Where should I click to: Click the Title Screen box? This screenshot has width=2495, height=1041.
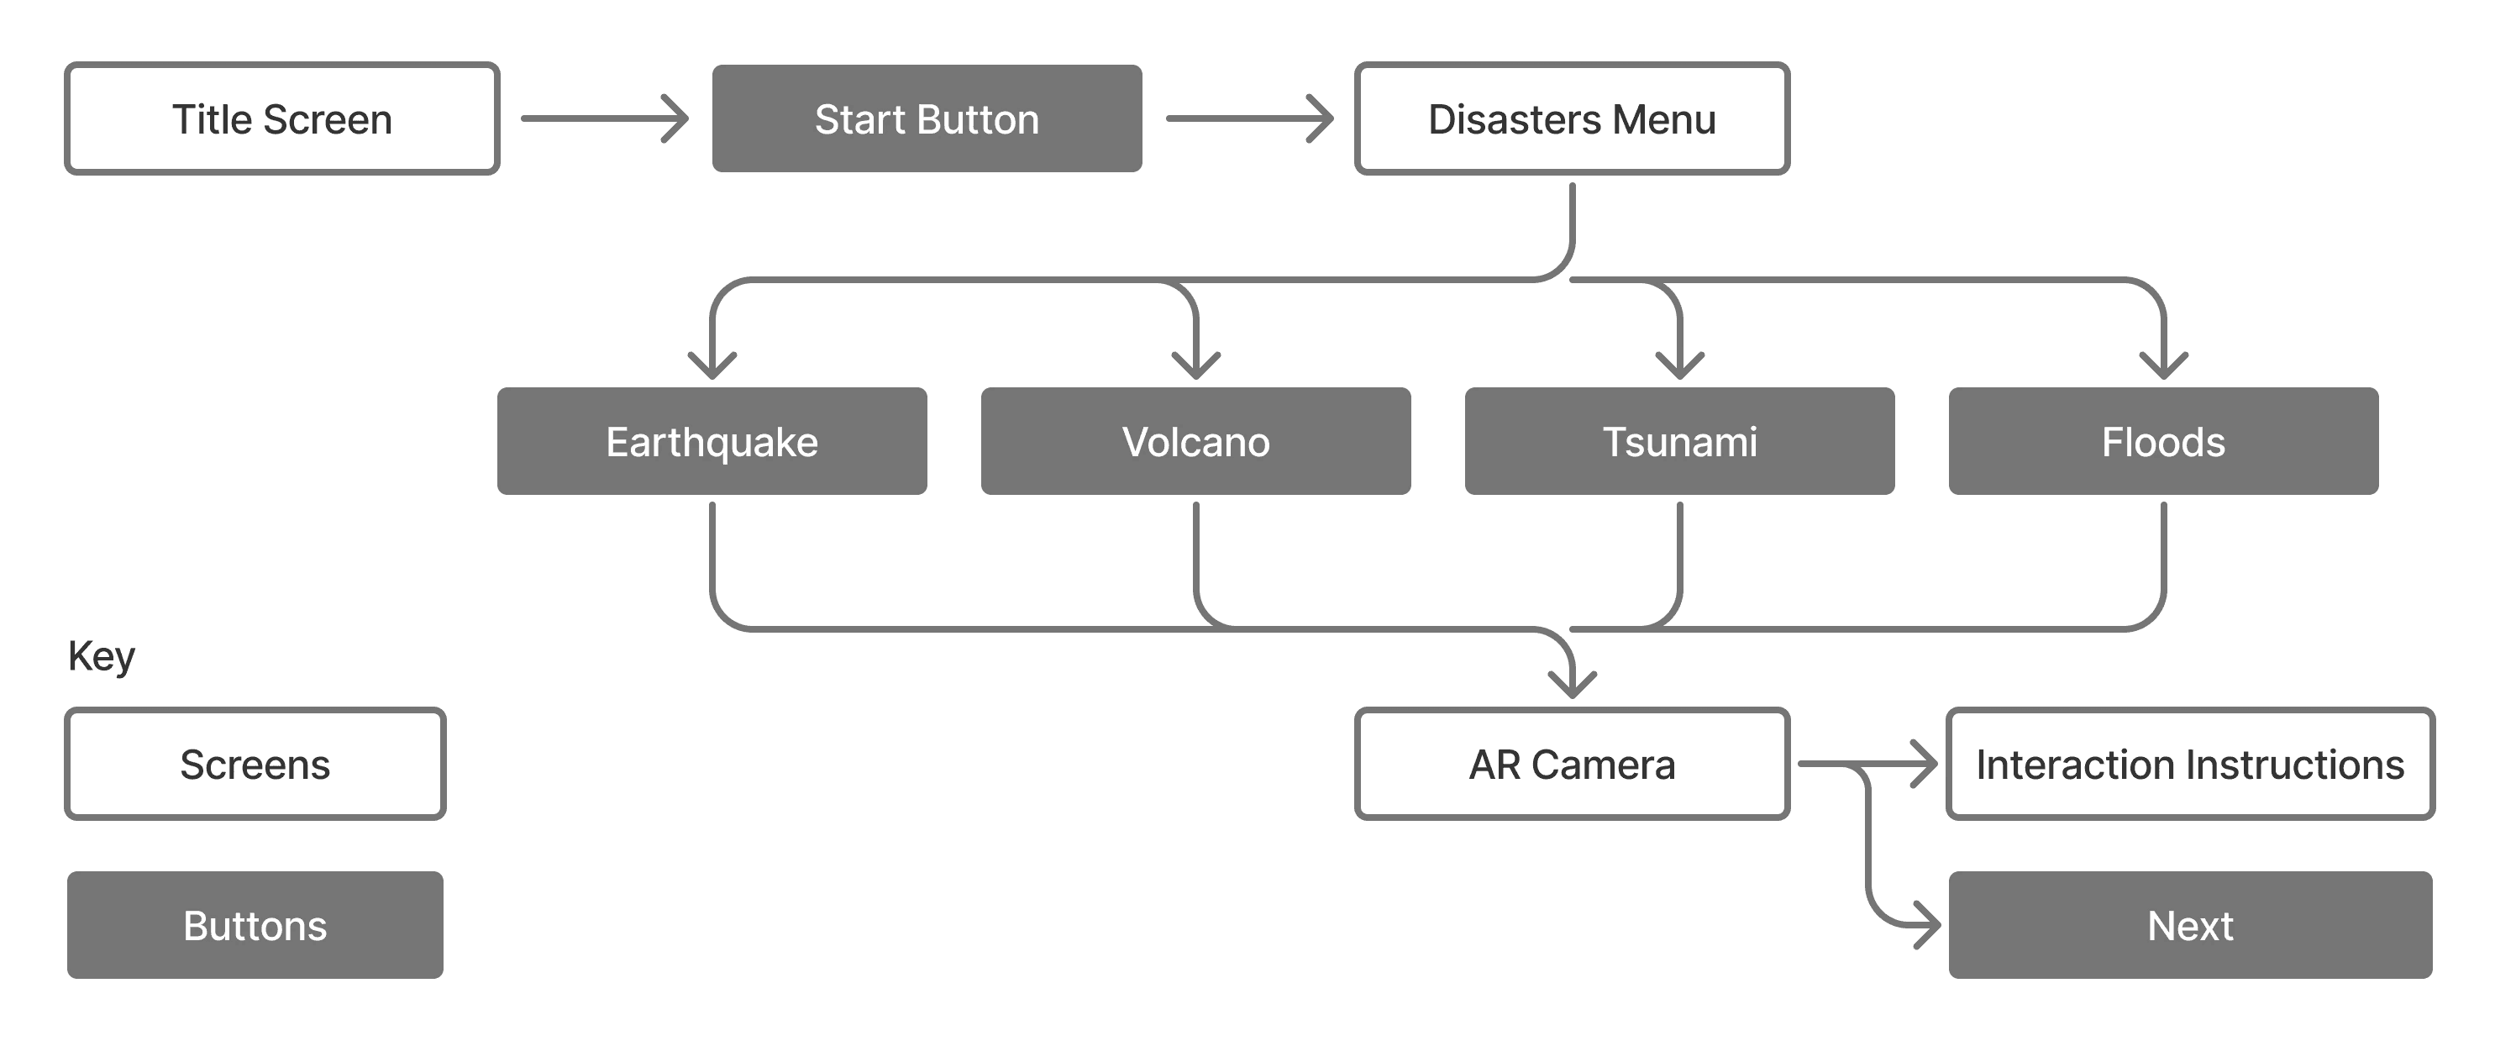[x=282, y=119]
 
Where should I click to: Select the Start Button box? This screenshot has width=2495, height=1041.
[x=927, y=119]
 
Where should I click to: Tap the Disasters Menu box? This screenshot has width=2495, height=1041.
[x=1571, y=119]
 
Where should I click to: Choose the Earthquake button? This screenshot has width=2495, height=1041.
[x=712, y=442]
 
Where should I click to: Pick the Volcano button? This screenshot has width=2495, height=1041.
[x=1195, y=442]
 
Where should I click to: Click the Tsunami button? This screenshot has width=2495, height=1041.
[x=1679, y=442]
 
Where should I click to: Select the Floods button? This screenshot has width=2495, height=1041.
[x=2163, y=442]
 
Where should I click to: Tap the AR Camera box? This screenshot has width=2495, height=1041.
[x=1571, y=764]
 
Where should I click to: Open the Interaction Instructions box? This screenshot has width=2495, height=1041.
[x=2190, y=764]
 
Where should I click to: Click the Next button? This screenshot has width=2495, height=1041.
[x=2190, y=926]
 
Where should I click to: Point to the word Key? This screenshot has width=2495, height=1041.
[x=101, y=656]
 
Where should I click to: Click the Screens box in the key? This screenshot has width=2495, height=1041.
[x=255, y=764]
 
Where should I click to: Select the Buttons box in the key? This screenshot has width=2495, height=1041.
[x=255, y=926]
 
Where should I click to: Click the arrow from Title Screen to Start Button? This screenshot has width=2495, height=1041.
[x=604, y=118]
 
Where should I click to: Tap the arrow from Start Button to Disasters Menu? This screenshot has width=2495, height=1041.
[x=1249, y=118]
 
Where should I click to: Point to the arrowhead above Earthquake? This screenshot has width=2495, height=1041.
[x=712, y=367]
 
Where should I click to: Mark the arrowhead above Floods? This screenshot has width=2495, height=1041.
[x=2163, y=367]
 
